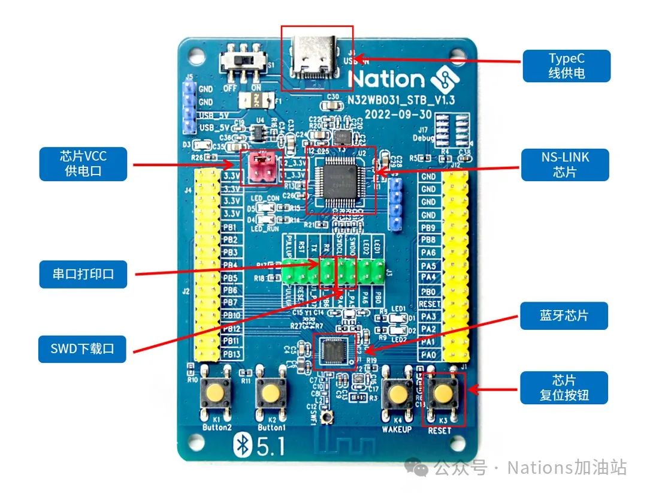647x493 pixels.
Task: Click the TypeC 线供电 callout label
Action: pyautogui.click(x=566, y=66)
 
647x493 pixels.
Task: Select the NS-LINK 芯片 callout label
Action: pyautogui.click(x=565, y=165)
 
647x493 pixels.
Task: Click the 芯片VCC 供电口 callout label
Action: pyautogui.click(x=83, y=164)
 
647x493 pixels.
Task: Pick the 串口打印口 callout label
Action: pyautogui.click(x=83, y=274)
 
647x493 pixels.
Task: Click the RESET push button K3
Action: pyautogui.click(x=443, y=393)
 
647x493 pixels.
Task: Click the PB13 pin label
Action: pyautogui.click(x=231, y=354)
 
